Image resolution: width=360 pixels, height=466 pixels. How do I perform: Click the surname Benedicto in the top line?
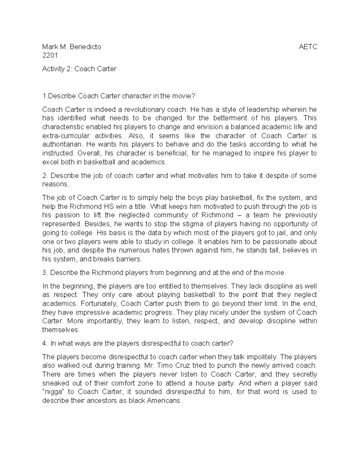(85, 47)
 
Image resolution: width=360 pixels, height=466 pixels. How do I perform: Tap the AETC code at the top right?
(308, 47)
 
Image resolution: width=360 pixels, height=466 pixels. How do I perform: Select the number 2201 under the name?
(50, 56)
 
